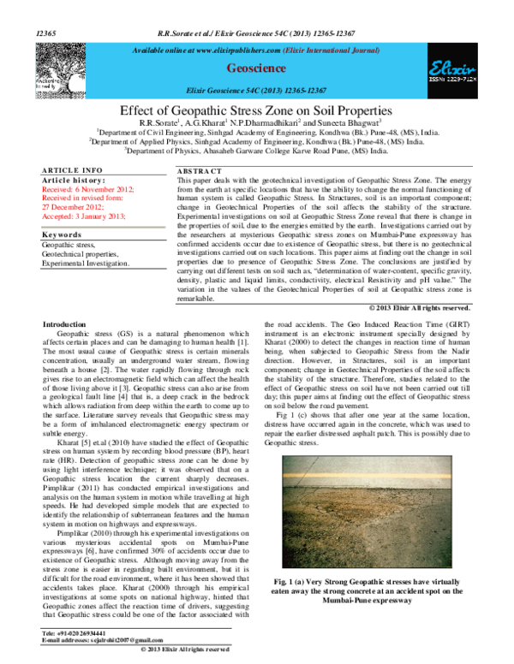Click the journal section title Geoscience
[x=256, y=66]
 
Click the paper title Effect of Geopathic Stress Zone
[x=256, y=110]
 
